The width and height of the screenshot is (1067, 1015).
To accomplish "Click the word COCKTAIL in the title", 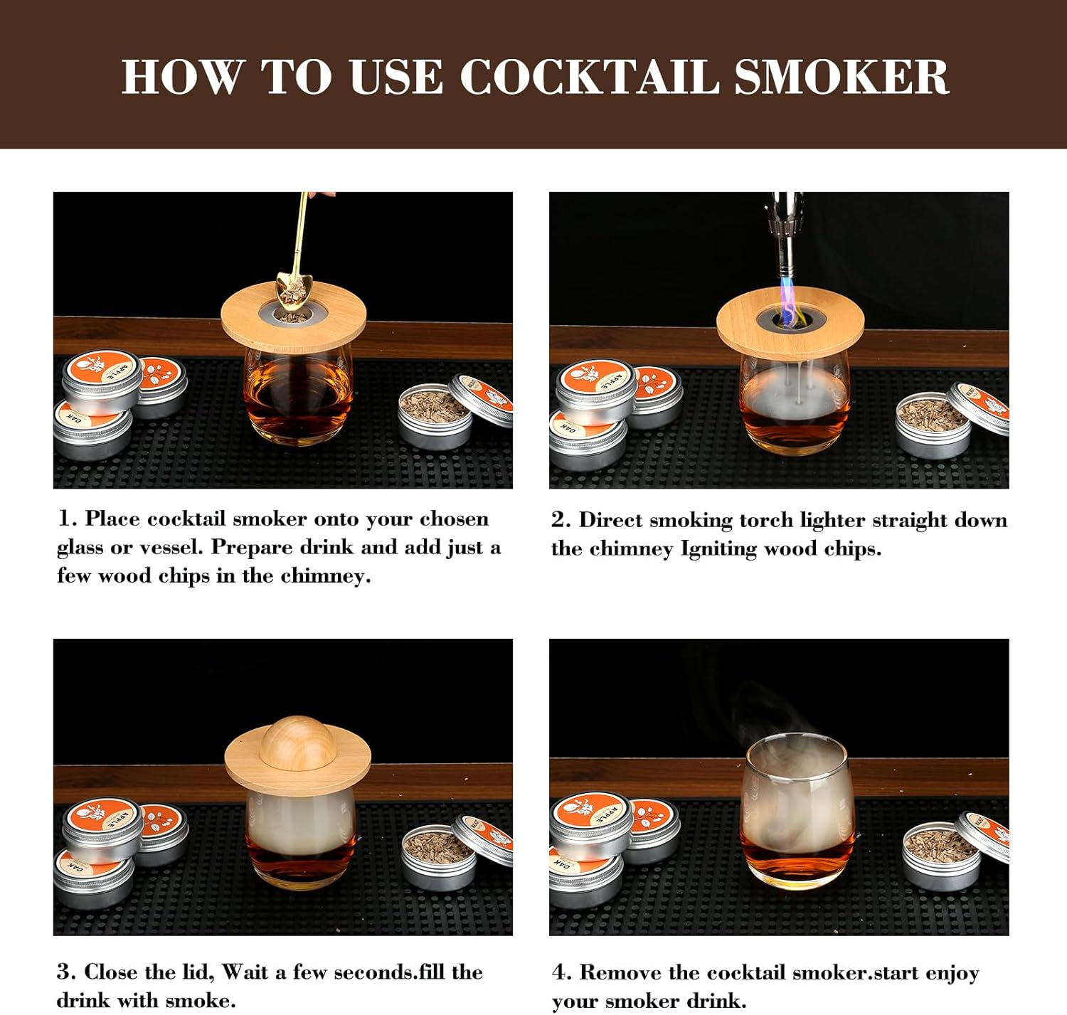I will point(589,76).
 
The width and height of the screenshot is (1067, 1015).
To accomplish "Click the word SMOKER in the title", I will point(841,76).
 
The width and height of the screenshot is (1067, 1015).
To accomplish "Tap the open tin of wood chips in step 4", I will point(940,858).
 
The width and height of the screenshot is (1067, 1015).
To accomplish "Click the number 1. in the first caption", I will point(68,519).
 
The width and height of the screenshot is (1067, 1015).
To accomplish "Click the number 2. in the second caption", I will point(561,520).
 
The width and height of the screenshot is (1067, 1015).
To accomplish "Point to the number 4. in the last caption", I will point(562,972).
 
